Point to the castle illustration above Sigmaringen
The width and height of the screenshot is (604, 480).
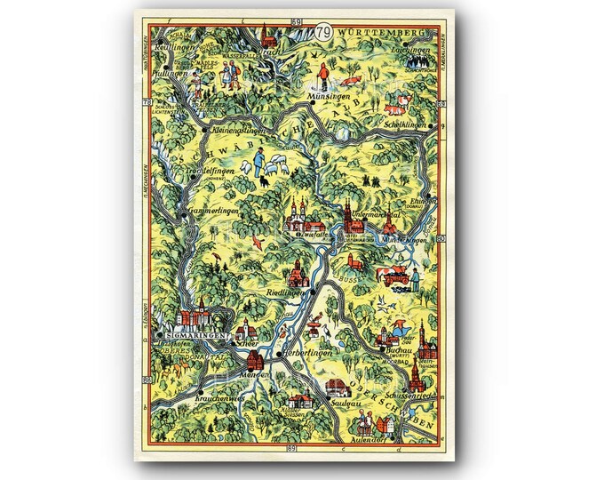196,316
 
